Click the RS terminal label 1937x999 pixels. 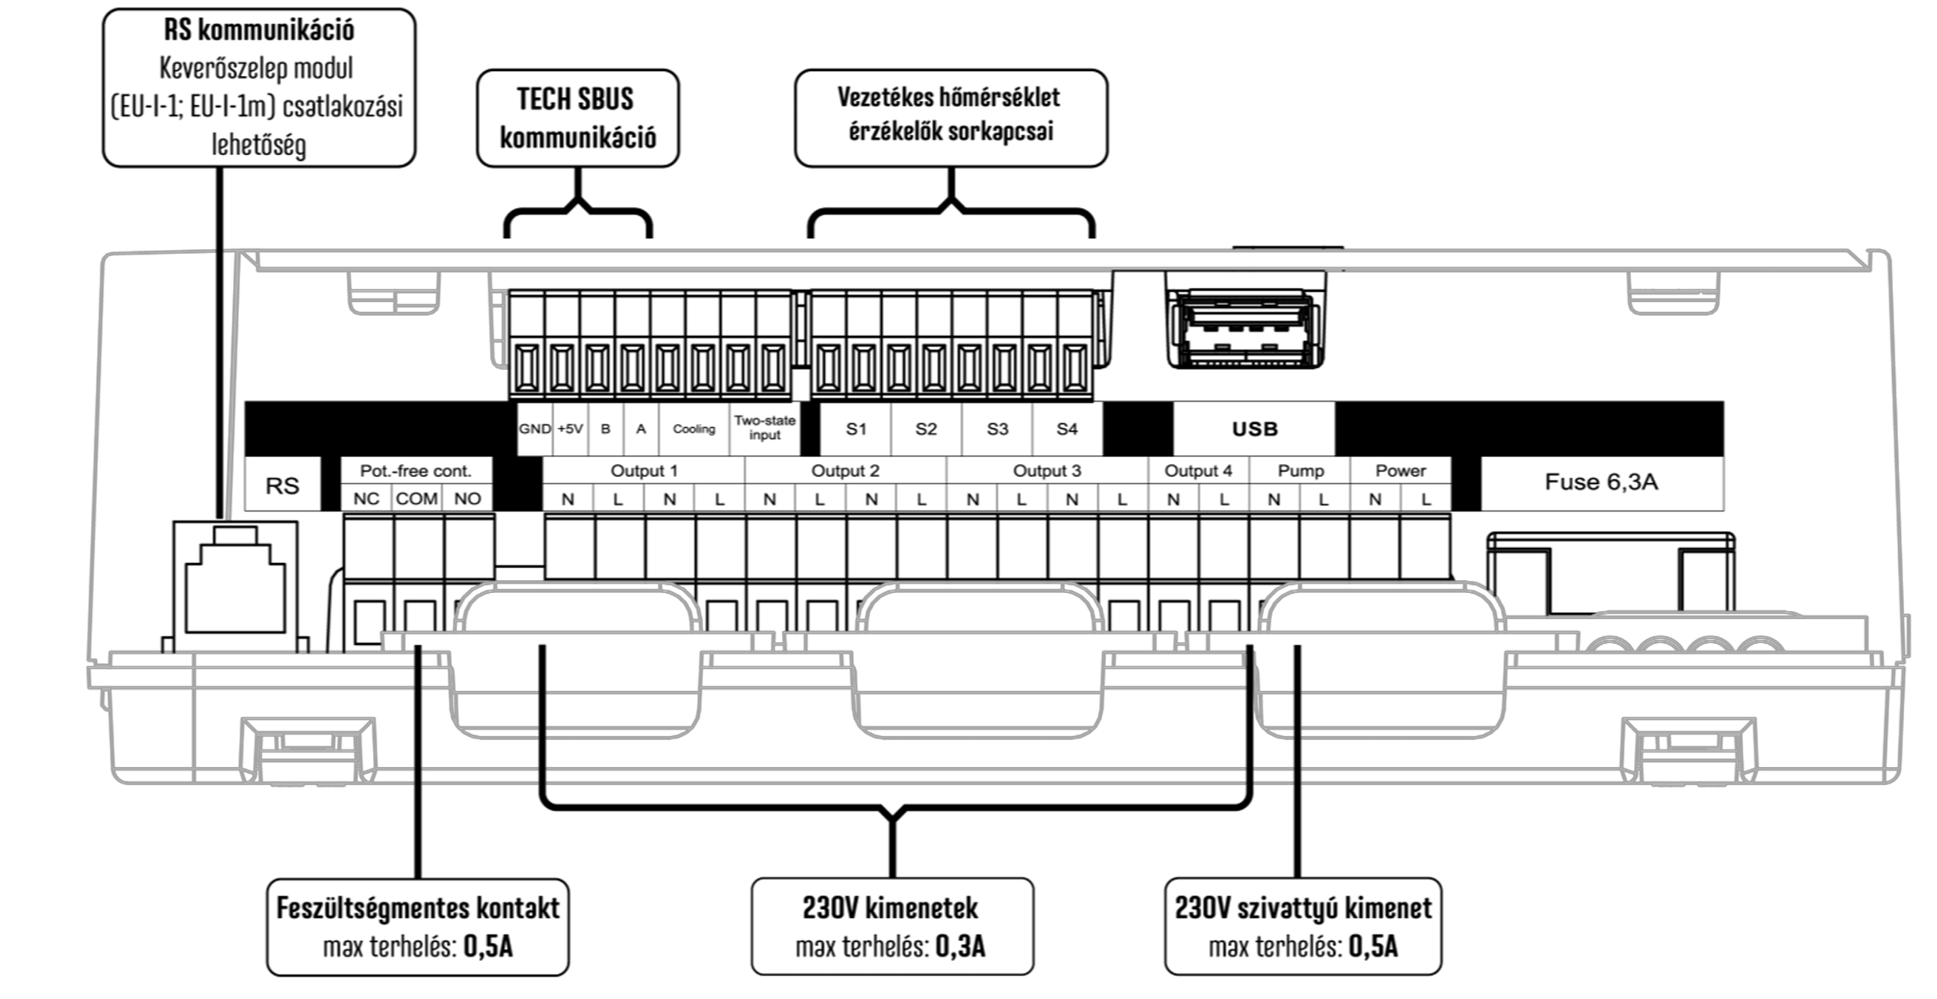pyautogui.click(x=282, y=486)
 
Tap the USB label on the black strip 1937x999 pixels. pyautogui.click(x=1255, y=429)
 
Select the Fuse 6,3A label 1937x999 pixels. pyautogui.click(x=1601, y=482)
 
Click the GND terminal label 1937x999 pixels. pyautogui.click(x=535, y=429)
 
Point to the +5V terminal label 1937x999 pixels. pyautogui.click(x=570, y=429)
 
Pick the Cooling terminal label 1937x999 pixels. pyautogui.click(x=694, y=429)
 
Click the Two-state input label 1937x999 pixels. pyautogui.click(x=765, y=428)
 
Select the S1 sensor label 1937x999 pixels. pyautogui.click(x=856, y=429)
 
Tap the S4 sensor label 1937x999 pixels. pyautogui.click(x=1067, y=429)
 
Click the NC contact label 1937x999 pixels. pyautogui.click(x=366, y=499)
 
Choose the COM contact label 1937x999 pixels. pyautogui.click(x=416, y=499)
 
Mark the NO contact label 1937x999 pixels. pyautogui.click(x=468, y=499)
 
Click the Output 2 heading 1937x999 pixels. pyautogui.click(x=845, y=471)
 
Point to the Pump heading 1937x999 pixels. pyautogui.click(x=1301, y=471)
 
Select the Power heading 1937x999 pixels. pyautogui.click(x=1400, y=471)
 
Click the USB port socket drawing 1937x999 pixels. pyautogui.click(x=1244, y=330)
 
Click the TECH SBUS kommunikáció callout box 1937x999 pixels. pyautogui.click(x=578, y=119)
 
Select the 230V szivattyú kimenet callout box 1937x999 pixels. pyautogui.click(x=1303, y=927)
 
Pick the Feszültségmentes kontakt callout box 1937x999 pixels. pyautogui.click(x=417, y=927)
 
